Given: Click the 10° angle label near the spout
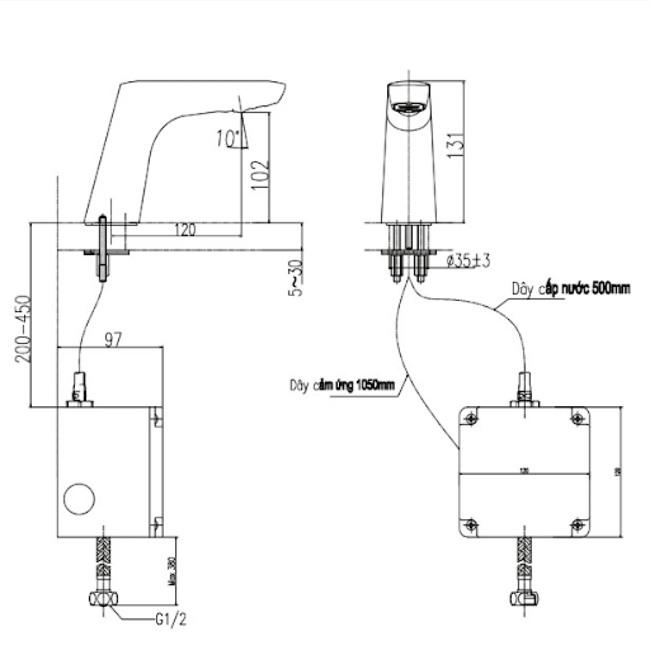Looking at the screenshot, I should coord(227,138).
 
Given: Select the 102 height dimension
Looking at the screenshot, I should coord(260,175).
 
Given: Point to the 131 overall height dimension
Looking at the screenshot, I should coord(456,145).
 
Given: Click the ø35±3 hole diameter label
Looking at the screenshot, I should coord(468,261).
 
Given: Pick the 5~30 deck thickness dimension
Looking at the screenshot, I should coord(296,278).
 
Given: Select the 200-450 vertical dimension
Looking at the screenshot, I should coord(23,329).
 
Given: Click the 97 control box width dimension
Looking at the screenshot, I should coord(113,340).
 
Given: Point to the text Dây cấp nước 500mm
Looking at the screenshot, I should coord(571,288).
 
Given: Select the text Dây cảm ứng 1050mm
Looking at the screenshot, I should coord(342,385).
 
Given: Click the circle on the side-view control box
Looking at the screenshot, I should coord(79,499).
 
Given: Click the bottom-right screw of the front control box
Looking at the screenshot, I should coord(577,525).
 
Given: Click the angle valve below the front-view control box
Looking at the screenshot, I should coord(525,599).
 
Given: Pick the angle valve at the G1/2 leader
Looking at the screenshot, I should coord(103,599).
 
